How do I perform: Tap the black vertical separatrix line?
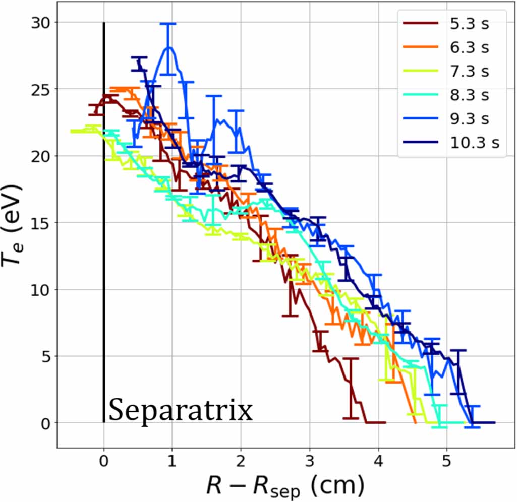click(x=104, y=252)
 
